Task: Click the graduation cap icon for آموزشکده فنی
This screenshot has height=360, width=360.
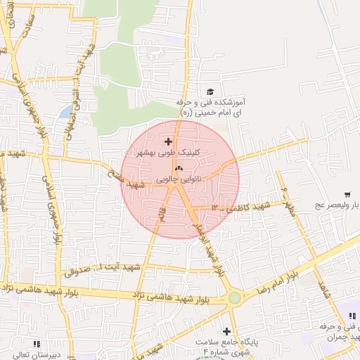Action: click(210, 91)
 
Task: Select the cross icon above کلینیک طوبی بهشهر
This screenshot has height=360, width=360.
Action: click(167, 142)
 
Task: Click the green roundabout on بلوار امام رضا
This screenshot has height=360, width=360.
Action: click(234, 298)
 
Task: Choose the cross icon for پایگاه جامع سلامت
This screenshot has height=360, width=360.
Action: click(226, 331)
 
